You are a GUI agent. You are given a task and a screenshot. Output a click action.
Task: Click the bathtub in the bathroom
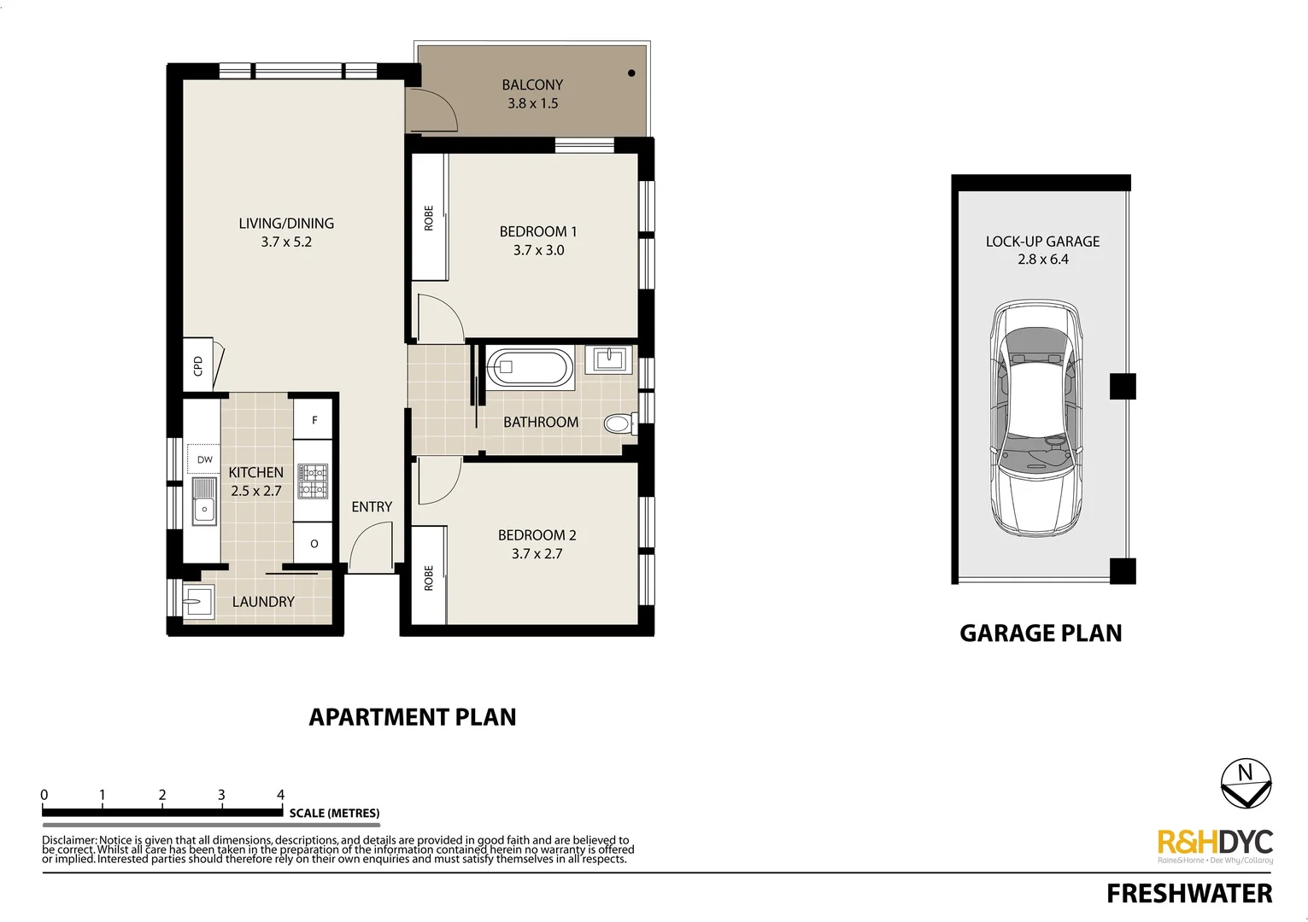click(529, 369)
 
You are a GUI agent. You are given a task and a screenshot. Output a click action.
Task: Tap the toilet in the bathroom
click(617, 423)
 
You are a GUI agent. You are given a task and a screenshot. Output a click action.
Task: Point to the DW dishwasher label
click(204, 459)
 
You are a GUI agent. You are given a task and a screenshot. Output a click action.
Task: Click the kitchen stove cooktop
click(313, 481)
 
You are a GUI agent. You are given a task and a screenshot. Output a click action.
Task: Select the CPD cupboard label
click(198, 365)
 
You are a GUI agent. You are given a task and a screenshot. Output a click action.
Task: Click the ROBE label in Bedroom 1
click(429, 218)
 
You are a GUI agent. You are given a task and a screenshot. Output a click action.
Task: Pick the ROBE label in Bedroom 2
click(429, 577)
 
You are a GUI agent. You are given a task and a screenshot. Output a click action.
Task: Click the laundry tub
click(198, 601)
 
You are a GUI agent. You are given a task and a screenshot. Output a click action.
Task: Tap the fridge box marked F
click(314, 420)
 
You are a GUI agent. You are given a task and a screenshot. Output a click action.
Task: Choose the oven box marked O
click(314, 544)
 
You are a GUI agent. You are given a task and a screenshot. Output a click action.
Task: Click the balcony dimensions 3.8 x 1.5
click(532, 103)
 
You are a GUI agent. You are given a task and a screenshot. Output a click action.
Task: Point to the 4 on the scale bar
click(281, 795)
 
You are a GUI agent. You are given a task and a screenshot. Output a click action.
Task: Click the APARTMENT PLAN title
click(412, 717)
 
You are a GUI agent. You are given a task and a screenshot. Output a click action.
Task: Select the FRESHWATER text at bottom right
click(1188, 894)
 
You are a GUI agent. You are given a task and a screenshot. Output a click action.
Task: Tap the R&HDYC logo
click(1214, 843)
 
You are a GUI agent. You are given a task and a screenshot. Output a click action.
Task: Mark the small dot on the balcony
click(632, 73)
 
